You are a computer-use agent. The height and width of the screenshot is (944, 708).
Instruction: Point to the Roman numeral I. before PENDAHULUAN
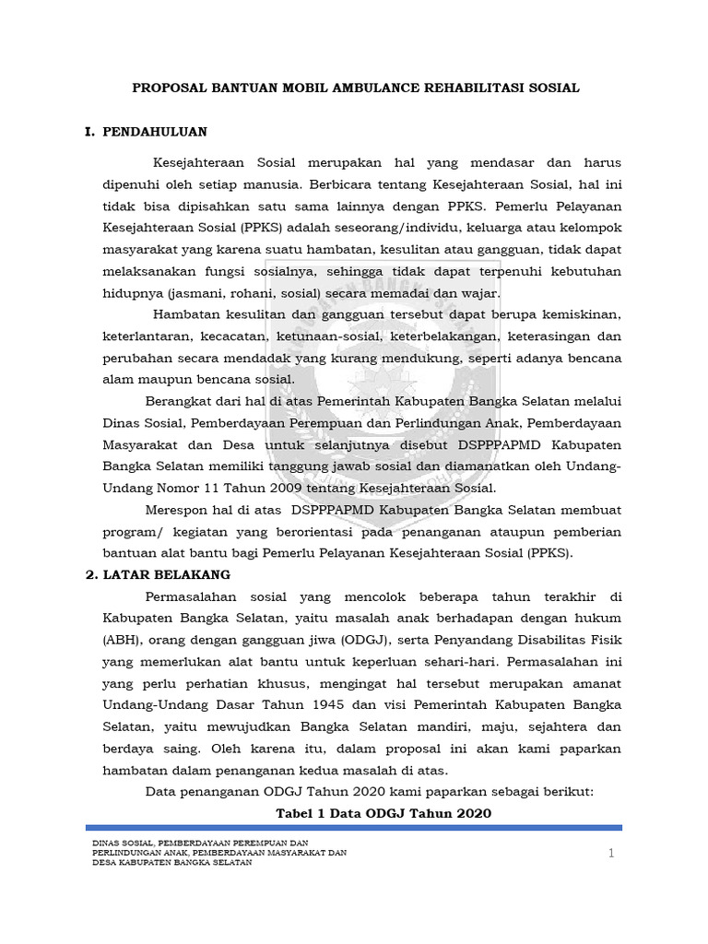(90, 132)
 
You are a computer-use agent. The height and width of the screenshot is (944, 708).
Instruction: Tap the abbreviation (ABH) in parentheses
(121, 638)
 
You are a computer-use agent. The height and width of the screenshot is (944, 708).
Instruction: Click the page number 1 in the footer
(610, 855)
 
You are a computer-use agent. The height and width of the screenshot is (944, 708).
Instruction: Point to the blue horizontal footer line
(354, 828)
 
